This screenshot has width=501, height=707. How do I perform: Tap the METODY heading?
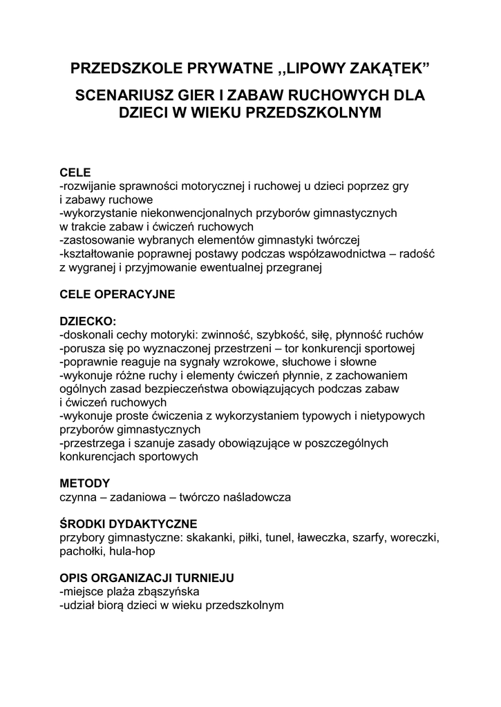[85, 483]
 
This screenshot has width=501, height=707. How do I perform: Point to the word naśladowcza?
[257, 496]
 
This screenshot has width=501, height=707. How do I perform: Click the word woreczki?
[414, 536]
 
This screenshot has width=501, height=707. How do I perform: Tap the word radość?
[415, 253]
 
